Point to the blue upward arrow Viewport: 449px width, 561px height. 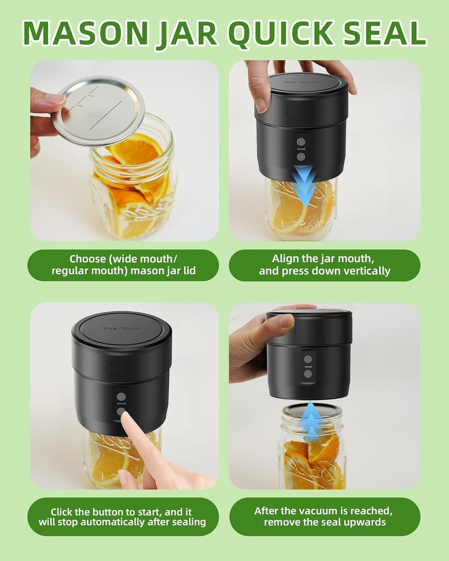pyautogui.click(x=311, y=422)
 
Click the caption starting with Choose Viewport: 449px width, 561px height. pyautogui.click(x=123, y=265)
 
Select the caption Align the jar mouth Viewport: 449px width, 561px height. pyautogui.click(x=325, y=265)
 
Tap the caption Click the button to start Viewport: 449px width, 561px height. pyautogui.click(x=122, y=517)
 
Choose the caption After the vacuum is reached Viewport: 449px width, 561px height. pyautogui.click(x=325, y=516)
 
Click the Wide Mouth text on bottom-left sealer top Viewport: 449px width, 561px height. pyautogui.click(x=121, y=329)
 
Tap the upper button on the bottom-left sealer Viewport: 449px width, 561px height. pyautogui.click(x=121, y=397)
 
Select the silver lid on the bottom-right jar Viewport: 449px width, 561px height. pyautogui.click(x=311, y=410)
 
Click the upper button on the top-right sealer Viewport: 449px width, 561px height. pyautogui.click(x=301, y=142)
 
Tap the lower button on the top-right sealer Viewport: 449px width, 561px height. pyautogui.click(x=301, y=157)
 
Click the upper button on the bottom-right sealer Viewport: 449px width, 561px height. pyautogui.click(x=308, y=359)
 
